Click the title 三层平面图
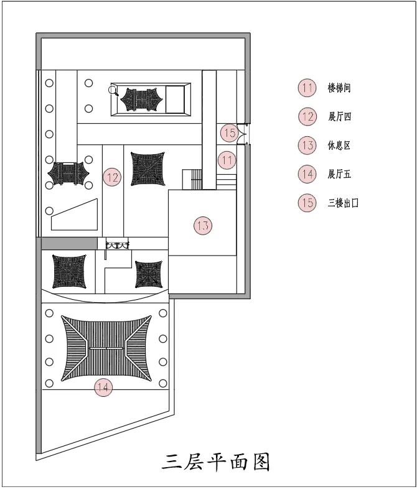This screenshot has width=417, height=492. pos(216,462)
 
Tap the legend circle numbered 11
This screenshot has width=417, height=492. pos(307,88)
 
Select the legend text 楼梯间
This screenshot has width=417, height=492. pos(339,88)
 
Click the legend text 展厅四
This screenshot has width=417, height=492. pos(339,116)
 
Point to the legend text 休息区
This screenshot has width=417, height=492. pos(339,146)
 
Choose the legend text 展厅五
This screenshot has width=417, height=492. pos(339,174)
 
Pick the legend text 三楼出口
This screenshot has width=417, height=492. pos(343,203)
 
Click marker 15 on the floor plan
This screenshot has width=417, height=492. pos(229,132)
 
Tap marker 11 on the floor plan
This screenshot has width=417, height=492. pos(227,160)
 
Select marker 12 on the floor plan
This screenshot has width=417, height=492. pos(113,178)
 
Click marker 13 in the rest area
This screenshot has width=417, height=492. pos(203,225)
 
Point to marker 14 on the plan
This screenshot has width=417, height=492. pos(103,388)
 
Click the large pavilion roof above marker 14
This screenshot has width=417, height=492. pos(106,348)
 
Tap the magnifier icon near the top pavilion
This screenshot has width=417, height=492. pos(113,91)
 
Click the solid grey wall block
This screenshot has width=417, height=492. pos(69,243)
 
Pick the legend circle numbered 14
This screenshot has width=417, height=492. pos(307,174)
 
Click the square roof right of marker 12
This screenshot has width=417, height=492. pos(148,169)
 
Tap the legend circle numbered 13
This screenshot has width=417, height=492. pos(307,146)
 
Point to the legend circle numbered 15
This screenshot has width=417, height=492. pos(307,203)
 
